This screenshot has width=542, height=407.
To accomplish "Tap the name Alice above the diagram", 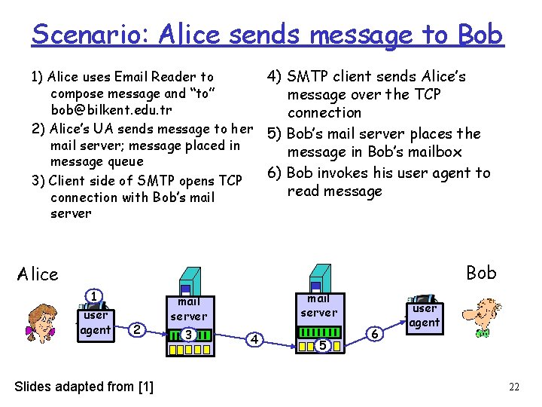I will tap(38, 274).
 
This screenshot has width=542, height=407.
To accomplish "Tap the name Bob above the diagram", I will tap(481, 272).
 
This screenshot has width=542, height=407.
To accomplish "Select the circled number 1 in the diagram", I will tap(93, 297).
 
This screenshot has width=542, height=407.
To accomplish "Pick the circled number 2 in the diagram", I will tap(135, 329).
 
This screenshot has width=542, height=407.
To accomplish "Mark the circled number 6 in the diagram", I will tap(375, 332).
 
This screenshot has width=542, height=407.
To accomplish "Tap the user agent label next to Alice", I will tap(96, 323).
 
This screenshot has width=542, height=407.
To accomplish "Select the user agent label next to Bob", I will tap(424, 315).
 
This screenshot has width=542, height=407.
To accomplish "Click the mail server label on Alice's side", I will tap(188, 309).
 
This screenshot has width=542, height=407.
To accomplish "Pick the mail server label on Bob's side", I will tap(319, 305).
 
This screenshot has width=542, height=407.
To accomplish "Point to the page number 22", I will tap(514, 387).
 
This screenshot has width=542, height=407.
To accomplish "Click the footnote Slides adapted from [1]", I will tap(84, 387).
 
